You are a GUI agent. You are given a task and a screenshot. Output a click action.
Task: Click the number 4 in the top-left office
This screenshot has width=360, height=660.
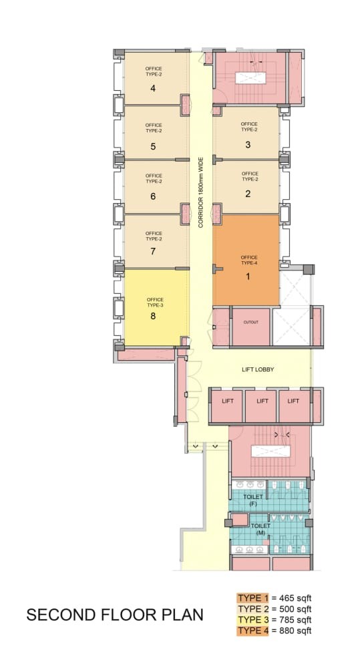point(153,88)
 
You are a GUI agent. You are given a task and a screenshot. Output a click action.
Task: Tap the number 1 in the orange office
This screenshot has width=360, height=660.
point(248,277)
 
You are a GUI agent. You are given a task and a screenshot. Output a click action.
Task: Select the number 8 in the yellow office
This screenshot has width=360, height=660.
point(153,316)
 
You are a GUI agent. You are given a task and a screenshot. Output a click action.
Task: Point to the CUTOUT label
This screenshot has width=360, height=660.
point(251,323)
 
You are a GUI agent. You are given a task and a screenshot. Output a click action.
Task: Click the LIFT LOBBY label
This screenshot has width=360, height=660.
point(258,369)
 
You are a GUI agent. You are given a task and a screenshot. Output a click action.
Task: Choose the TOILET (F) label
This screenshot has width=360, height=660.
point(253,500)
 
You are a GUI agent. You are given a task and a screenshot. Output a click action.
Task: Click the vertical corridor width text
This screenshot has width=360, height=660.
point(201,192)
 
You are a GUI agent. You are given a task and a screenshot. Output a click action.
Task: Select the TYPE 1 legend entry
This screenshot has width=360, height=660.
point(252,598)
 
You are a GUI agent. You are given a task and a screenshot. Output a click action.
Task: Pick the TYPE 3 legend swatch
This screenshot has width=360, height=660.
point(252,620)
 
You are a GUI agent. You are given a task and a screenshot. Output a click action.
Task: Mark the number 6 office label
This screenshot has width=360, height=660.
point(153,196)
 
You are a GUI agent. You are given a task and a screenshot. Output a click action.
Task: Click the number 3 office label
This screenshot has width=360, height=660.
point(248,144)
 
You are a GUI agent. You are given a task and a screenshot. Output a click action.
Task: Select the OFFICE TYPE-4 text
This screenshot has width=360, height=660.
point(249,260)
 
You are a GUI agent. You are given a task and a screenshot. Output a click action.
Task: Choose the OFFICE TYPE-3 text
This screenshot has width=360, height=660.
point(155,302)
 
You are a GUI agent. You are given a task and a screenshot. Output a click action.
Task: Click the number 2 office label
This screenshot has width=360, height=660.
point(248,194)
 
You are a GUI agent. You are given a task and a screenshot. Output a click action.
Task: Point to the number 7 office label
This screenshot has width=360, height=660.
point(153,251)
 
